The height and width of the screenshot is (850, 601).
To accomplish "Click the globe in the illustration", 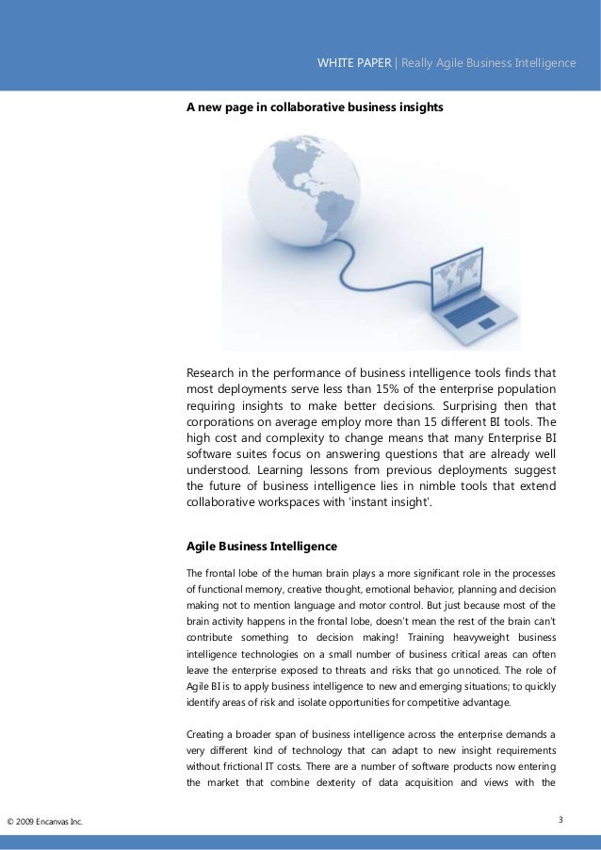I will click(292, 202).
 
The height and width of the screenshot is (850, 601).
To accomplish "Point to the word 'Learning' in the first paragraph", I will click(288, 468).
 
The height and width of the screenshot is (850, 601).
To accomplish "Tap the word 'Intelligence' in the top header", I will click(545, 63).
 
